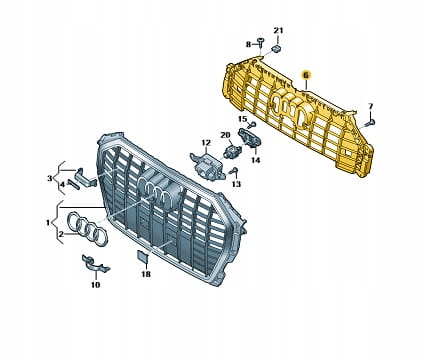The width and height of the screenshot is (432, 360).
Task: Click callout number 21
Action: click(278, 31)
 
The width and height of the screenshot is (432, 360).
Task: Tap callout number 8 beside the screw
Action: click(248, 44)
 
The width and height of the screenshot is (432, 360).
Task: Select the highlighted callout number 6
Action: click(306, 75)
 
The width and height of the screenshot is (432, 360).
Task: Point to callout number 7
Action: click(371, 106)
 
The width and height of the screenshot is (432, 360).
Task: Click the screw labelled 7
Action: click(370, 123)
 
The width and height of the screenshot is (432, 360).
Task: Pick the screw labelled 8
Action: click(260, 43)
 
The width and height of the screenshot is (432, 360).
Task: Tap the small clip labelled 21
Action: click(276, 48)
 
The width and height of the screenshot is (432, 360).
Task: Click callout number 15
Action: click(242, 119)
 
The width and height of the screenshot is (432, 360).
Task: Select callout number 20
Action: click(225, 135)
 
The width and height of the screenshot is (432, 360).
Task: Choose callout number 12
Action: click(206, 143)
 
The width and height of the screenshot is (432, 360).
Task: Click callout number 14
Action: click(255, 160)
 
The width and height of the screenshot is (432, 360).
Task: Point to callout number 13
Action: click(236, 184)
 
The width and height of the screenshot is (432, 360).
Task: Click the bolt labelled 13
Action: click(233, 171)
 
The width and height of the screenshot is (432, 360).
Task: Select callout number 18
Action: click(146, 274)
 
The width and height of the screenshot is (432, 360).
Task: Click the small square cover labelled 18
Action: click(143, 255)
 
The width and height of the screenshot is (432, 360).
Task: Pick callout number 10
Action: click(95, 285)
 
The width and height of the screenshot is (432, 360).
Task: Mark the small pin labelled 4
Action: click(73, 184)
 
